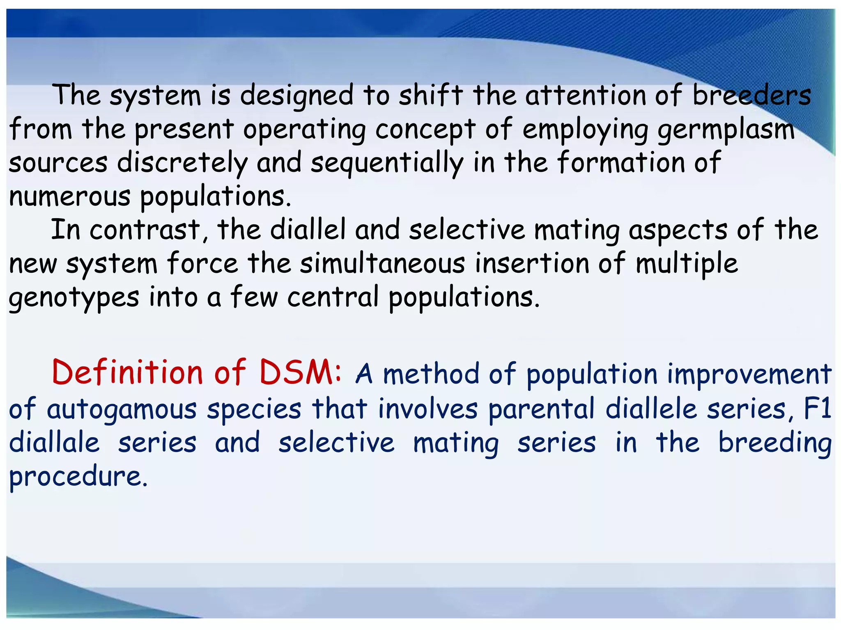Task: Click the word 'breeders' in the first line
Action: click(x=751, y=96)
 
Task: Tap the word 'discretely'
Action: click(x=182, y=163)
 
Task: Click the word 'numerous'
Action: click(x=70, y=196)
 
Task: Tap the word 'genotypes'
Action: click(x=74, y=298)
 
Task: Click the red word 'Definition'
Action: click(x=127, y=372)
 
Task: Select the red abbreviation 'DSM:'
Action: click(x=301, y=372)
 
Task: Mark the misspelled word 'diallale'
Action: click(x=54, y=443)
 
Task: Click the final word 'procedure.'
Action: click(x=78, y=477)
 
